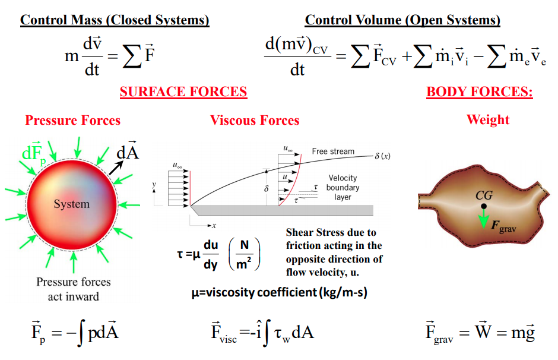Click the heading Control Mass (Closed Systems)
click(x=115, y=20)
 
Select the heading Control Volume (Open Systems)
click(x=402, y=20)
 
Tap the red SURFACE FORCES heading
click(x=183, y=92)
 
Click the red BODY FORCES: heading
click(x=480, y=92)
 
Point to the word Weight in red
click(x=488, y=119)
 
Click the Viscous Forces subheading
click(x=255, y=121)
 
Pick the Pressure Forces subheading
click(x=72, y=121)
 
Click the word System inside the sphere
click(x=71, y=204)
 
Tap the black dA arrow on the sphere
click(x=116, y=168)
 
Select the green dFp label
click(x=34, y=154)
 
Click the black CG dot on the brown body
click(x=484, y=206)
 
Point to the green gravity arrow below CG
click(x=483, y=218)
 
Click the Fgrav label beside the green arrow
click(x=503, y=226)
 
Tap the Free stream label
click(x=333, y=151)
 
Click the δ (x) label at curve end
click(x=382, y=156)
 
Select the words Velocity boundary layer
click(x=343, y=188)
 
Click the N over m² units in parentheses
click(x=244, y=254)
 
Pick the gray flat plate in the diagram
click(x=282, y=210)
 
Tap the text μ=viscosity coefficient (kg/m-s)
click(x=280, y=292)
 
